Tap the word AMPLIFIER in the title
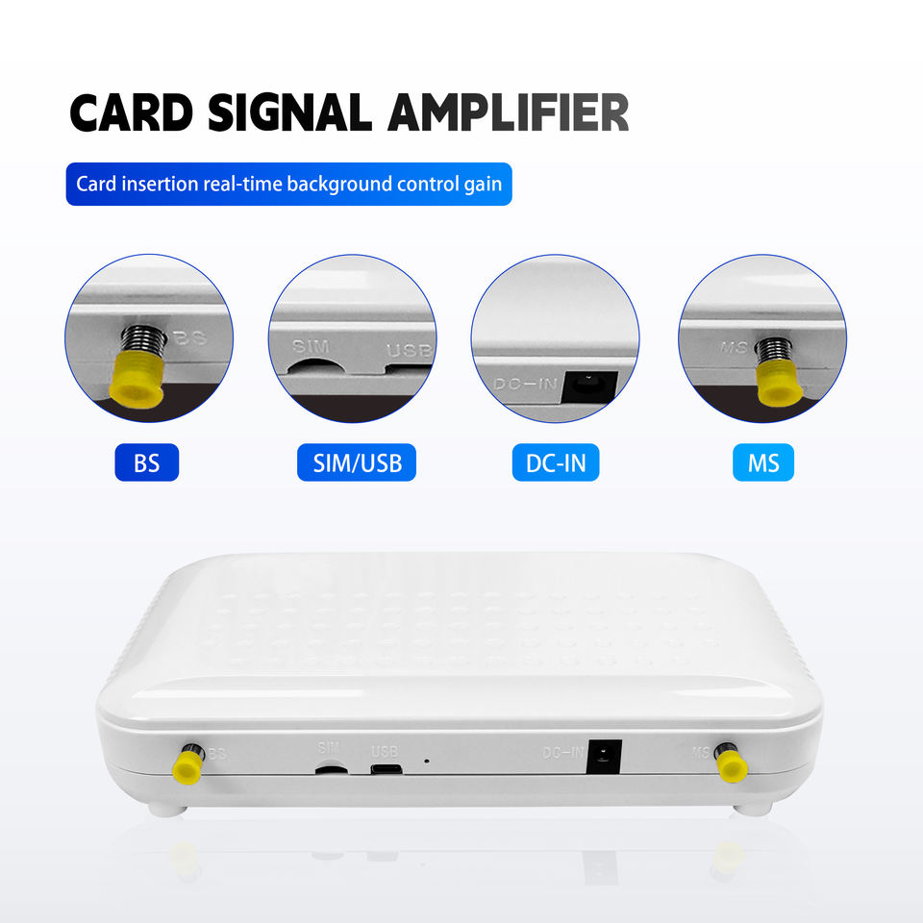[x=508, y=112]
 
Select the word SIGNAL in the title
[x=290, y=112]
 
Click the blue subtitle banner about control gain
[x=288, y=183]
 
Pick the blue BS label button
[x=147, y=463]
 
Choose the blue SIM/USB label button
[x=351, y=463]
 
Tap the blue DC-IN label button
[x=556, y=463]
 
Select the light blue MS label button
[x=758, y=463]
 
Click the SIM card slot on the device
[x=332, y=768]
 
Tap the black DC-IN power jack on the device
[x=603, y=756]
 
